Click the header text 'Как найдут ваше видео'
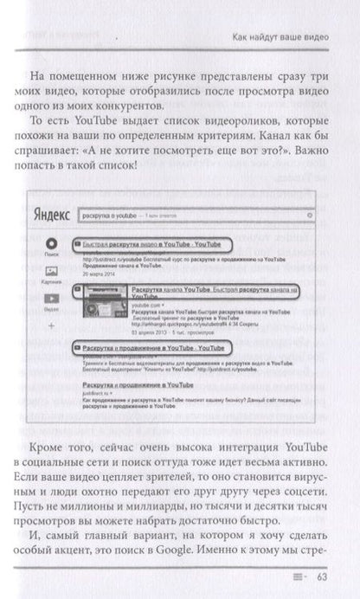pos(275,37)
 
